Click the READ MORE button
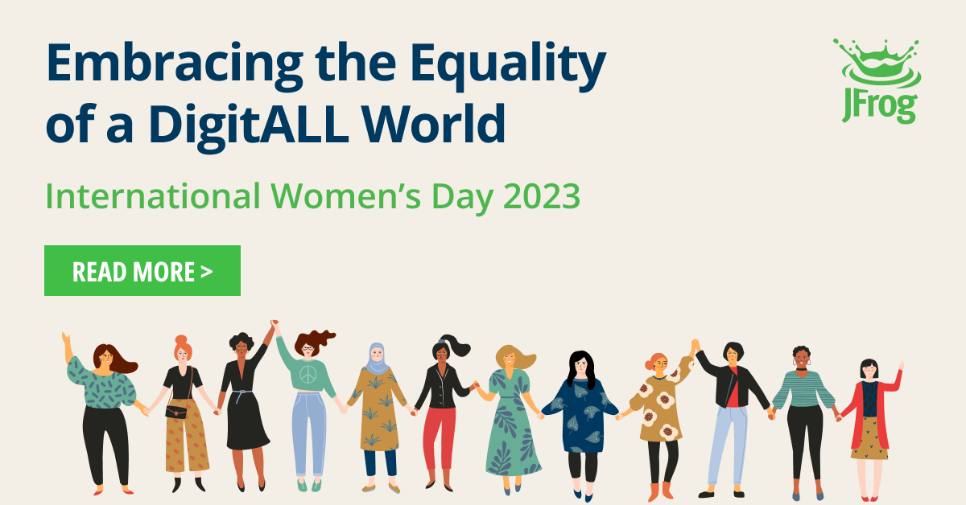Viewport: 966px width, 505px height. click(142, 271)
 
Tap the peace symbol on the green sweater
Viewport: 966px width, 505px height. click(308, 375)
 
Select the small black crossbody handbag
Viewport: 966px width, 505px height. click(176, 412)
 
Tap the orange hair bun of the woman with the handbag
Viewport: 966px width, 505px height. click(180, 340)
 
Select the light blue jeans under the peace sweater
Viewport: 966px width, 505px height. click(309, 434)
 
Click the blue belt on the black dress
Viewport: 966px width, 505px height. click(242, 393)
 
